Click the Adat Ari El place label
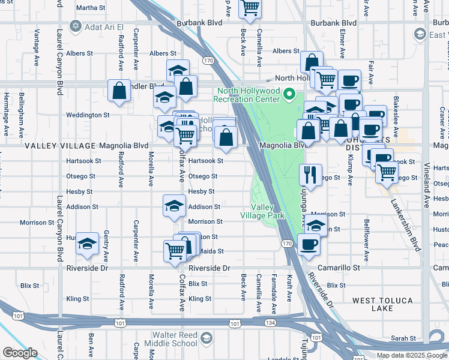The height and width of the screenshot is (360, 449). pyautogui.click(x=104, y=27)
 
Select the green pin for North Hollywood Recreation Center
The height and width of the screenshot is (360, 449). pyautogui.click(x=289, y=94)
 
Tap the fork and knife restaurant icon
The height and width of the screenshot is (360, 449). pyautogui.click(x=310, y=175)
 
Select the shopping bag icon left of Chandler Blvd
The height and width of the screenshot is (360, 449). pyautogui.click(x=119, y=91)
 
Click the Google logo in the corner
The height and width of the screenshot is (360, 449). pyautogui.click(x=20, y=353)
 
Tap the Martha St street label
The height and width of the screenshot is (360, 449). pyautogui.click(x=91, y=8)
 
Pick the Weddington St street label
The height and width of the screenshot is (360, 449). pyautogui.click(x=87, y=115)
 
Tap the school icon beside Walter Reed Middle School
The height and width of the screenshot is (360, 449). pyautogui.click(x=206, y=338)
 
